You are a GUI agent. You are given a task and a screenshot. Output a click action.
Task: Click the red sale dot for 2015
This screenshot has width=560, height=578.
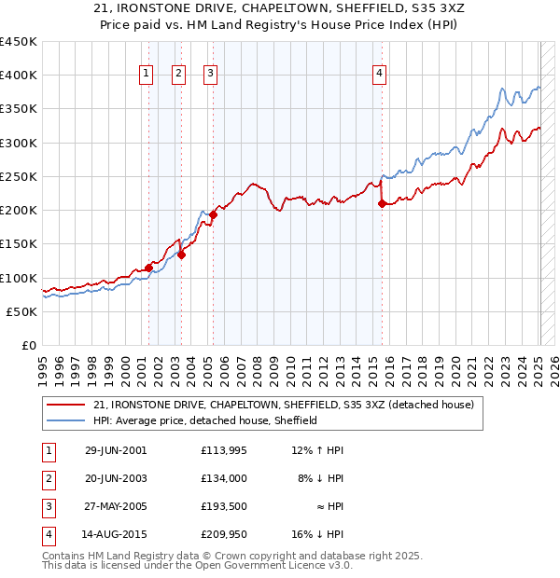point(382,203)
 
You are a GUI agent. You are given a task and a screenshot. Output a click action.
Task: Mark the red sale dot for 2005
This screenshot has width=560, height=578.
point(213,214)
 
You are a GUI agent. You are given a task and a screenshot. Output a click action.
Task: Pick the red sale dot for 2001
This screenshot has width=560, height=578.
point(148,268)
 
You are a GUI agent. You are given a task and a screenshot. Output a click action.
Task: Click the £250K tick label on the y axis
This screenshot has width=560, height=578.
point(19,176)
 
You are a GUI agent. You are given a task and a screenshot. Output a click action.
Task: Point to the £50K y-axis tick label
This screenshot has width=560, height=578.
point(22,311)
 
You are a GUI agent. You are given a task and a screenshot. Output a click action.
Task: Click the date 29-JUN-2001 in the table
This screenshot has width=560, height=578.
point(116,450)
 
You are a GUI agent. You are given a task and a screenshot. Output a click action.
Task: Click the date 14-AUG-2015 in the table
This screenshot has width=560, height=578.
point(116,534)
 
